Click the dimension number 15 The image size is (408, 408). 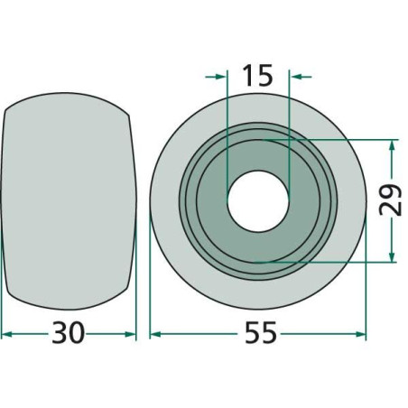258,75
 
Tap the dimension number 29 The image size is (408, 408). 391,200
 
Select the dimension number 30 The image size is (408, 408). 68,332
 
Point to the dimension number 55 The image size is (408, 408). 260,332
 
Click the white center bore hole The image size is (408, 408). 258,201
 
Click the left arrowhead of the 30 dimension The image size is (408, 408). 6,334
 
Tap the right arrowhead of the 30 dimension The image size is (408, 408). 130,334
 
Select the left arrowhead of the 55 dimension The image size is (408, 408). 155,334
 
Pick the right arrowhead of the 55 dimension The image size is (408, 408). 361,334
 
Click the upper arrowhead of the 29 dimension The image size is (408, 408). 392,146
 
